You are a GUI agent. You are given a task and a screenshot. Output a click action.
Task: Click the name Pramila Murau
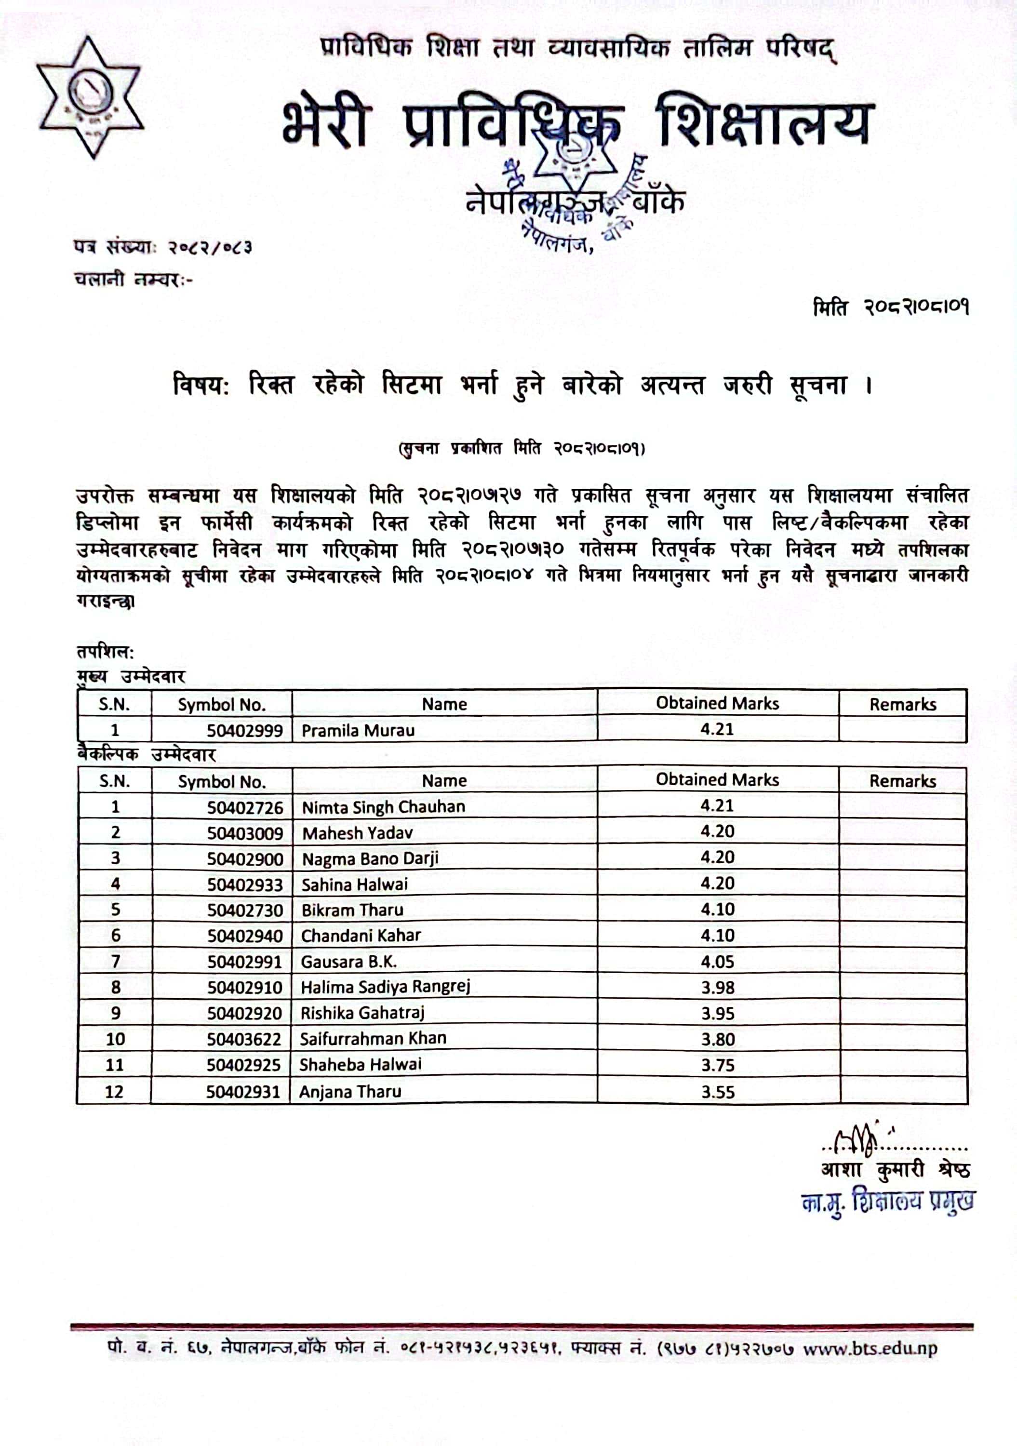pos(358,731)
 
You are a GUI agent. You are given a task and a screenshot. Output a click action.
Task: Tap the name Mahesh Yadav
pos(357,833)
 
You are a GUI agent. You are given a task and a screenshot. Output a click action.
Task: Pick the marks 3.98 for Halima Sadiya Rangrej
pos(717,988)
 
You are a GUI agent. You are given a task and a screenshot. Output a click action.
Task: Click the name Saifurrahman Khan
pos(373,1039)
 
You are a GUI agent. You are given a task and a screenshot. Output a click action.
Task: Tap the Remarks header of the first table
pos(902,704)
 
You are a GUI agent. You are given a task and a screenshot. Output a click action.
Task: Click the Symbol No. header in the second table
pos(222,782)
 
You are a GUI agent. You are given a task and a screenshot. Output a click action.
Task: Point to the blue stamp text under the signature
pos(887,1202)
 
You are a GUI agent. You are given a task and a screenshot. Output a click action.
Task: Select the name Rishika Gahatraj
pos(362,1013)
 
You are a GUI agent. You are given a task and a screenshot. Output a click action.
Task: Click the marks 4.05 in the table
pos(717,962)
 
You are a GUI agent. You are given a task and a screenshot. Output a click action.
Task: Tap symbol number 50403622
pos(244,1039)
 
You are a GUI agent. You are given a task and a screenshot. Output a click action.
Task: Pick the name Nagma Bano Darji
pos(370,859)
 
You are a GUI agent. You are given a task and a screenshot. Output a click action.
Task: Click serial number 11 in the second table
pos(115,1065)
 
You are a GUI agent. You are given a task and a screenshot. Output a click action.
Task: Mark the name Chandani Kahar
pos(361,936)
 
